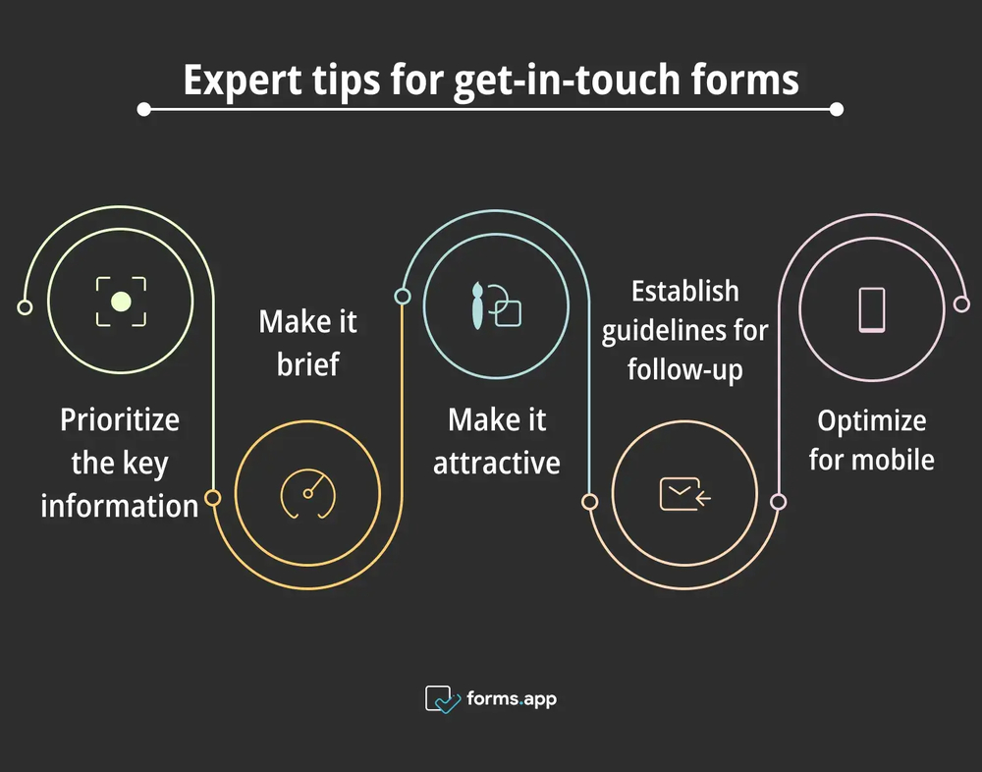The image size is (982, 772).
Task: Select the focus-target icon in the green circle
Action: (121, 302)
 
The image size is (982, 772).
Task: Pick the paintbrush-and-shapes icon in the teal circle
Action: (496, 303)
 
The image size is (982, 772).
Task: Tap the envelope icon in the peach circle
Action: (684, 494)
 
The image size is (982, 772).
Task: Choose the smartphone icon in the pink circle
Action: (872, 309)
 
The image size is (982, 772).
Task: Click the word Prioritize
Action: (120, 420)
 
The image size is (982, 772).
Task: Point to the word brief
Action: (307, 364)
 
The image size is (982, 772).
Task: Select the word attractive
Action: (497, 463)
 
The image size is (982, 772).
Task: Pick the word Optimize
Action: (872, 420)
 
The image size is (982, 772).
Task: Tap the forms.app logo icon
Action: (442, 699)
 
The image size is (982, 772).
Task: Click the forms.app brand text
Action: (509, 699)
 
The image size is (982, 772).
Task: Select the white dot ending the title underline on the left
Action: (144, 110)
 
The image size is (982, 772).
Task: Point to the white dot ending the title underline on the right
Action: (837, 110)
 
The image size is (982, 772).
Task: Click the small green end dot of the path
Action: (25, 307)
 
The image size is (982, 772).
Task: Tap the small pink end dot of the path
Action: (961, 305)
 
